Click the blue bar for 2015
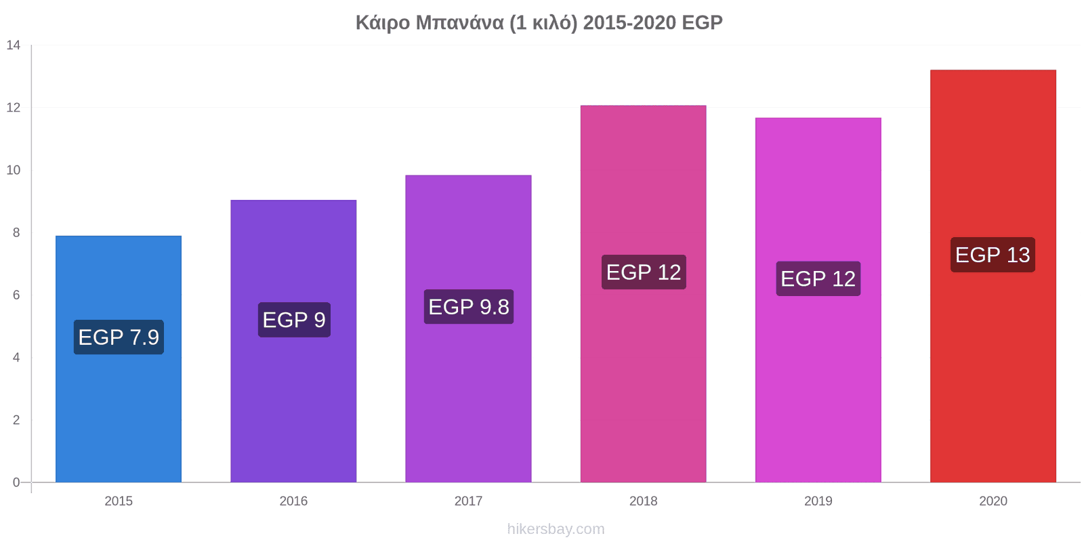[x=119, y=359]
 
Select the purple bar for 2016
[x=293, y=341]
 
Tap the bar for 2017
[x=468, y=329]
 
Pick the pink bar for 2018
[x=643, y=294]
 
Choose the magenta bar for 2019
[x=818, y=300]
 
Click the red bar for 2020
[x=993, y=276]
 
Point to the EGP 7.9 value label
[x=119, y=337]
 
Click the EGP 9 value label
[x=294, y=320]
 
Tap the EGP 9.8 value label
[x=469, y=307]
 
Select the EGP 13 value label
[x=993, y=255]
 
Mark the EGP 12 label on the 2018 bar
[x=644, y=272]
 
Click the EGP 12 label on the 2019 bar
[x=818, y=278]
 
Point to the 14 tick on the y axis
[x=14, y=45]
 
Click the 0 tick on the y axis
[x=16, y=482]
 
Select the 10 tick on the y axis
[x=14, y=170]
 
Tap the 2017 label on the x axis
[x=468, y=501]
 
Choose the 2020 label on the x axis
[x=993, y=501]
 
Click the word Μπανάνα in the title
[x=460, y=23]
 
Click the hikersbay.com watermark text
[x=556, y=529]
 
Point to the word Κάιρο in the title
[x=383, y=23]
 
